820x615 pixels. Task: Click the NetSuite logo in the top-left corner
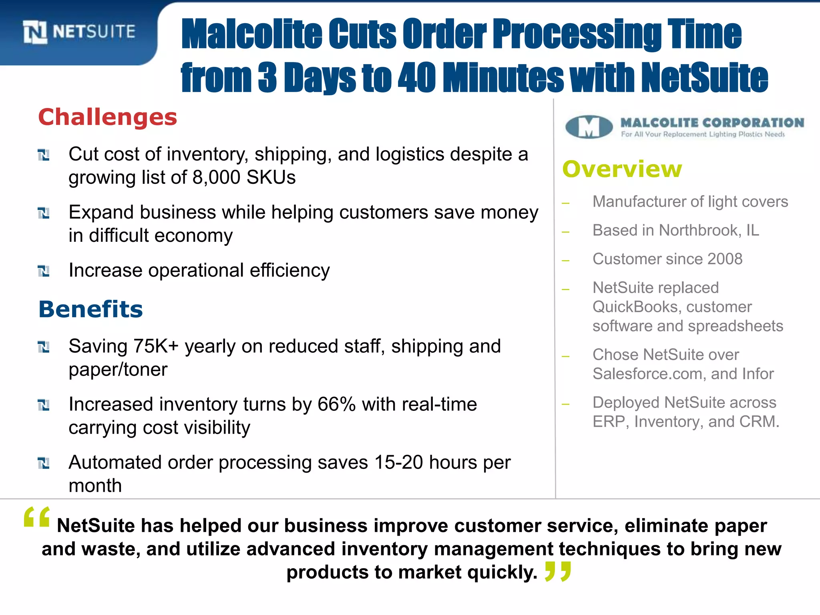(79, 32)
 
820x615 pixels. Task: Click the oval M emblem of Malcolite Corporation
(589, 127)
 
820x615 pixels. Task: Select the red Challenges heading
(107, 117)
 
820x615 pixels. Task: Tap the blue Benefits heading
(90, 310)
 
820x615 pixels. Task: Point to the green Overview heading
(622, 169)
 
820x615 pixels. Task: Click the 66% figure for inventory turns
(336, 404)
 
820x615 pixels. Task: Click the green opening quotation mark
(37, 517)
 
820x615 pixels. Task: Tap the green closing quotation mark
(558, 571)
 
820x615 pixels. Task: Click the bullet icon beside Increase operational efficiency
(44, 271)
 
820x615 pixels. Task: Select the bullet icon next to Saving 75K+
(44, 347)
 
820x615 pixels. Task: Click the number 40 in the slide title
(416, 77)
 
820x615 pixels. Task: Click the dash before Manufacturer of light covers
(565, 203)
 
